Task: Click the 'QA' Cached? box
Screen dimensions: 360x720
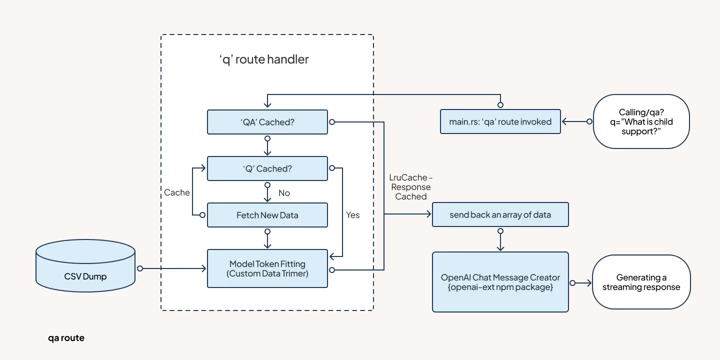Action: coord(267,122)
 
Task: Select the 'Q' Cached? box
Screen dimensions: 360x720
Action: coord(267,168)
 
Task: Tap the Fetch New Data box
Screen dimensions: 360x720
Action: coord(267,215)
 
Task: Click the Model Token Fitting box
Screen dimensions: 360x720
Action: coord(267,268)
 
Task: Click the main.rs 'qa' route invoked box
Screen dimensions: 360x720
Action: coord(500,121)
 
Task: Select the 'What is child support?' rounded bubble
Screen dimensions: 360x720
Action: coord(641,121)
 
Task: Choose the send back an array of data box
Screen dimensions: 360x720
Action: coord(500,215)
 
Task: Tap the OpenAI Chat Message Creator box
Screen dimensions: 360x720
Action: coord(500,282)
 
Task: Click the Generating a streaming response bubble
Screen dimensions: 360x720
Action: coord(641,282)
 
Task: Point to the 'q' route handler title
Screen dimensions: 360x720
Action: coord(264,59)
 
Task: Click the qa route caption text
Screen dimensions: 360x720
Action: coord(66,338)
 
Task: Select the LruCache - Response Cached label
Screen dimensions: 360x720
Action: coord(410,187)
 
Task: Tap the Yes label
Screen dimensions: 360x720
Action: coord(352,214)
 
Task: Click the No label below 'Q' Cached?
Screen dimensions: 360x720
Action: coord(284,193)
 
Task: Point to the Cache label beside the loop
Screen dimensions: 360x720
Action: coord(177,192)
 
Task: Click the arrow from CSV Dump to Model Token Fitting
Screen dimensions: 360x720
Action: coord(172,268)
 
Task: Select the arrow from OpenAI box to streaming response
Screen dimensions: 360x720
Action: coord(580,283)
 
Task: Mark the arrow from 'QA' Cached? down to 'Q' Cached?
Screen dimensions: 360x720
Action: coord(267,145)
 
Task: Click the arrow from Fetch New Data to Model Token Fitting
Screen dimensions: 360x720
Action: coord(267,239)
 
